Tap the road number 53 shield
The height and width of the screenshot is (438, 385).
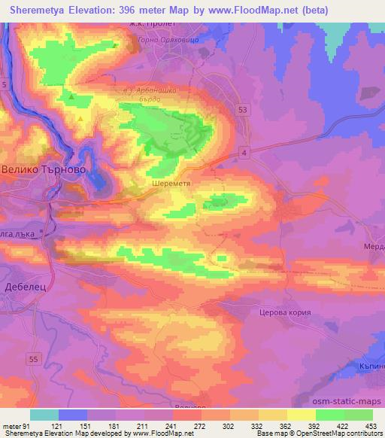[x=241, y=110]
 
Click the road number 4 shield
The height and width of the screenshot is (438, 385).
[x=245, y=153]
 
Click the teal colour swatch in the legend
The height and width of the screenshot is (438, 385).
[x=44, y=414]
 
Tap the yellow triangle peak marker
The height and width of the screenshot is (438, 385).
[x=80, y=117]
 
